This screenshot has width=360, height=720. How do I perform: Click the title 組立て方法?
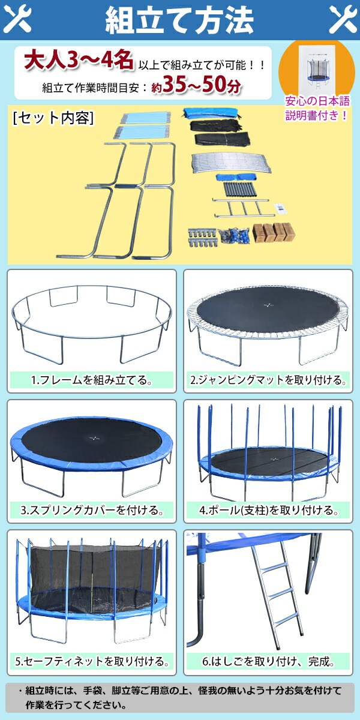pyautogui.click(x=179, y=20)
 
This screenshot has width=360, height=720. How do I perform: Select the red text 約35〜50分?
pyautogui.click(x=196, y=85)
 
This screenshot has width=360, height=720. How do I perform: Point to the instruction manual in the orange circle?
pyautogui.click(x=316, y=68)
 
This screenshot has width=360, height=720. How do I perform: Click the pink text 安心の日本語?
pyautogui.click(x=317, y=101)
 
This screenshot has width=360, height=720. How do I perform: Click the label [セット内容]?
pyautogui.click(x=53, y=118)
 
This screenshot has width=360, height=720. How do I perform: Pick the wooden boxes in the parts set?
pyautogui.click(x=274, y=233)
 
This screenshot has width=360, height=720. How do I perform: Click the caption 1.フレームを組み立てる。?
pyautogui.click(x=92, y=380)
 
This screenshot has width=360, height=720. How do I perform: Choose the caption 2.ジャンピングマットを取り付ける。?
pyautogui.click(x=268, y=380)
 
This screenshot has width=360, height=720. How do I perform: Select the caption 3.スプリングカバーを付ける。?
pyautogui.click(x=92, y=511)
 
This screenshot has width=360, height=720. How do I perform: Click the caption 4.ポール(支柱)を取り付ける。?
pyautogui.click(x=268, y=511)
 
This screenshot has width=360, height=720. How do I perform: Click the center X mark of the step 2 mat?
pyautogui.click(x=268, y=305)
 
